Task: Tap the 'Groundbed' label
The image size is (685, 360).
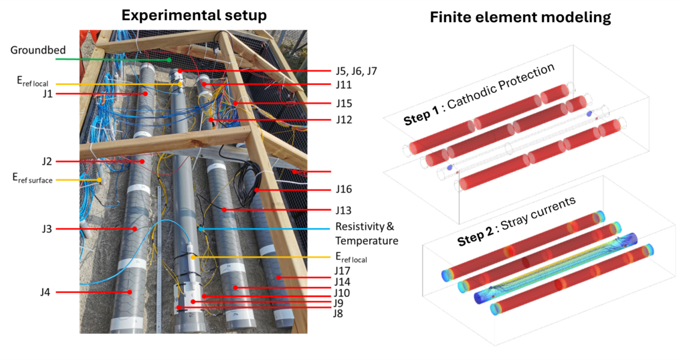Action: coord(31,50)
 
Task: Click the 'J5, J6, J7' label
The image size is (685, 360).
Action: coord(357,70)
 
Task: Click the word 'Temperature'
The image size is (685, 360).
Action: coord(366,241)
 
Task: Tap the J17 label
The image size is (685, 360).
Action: coord(342,270)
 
